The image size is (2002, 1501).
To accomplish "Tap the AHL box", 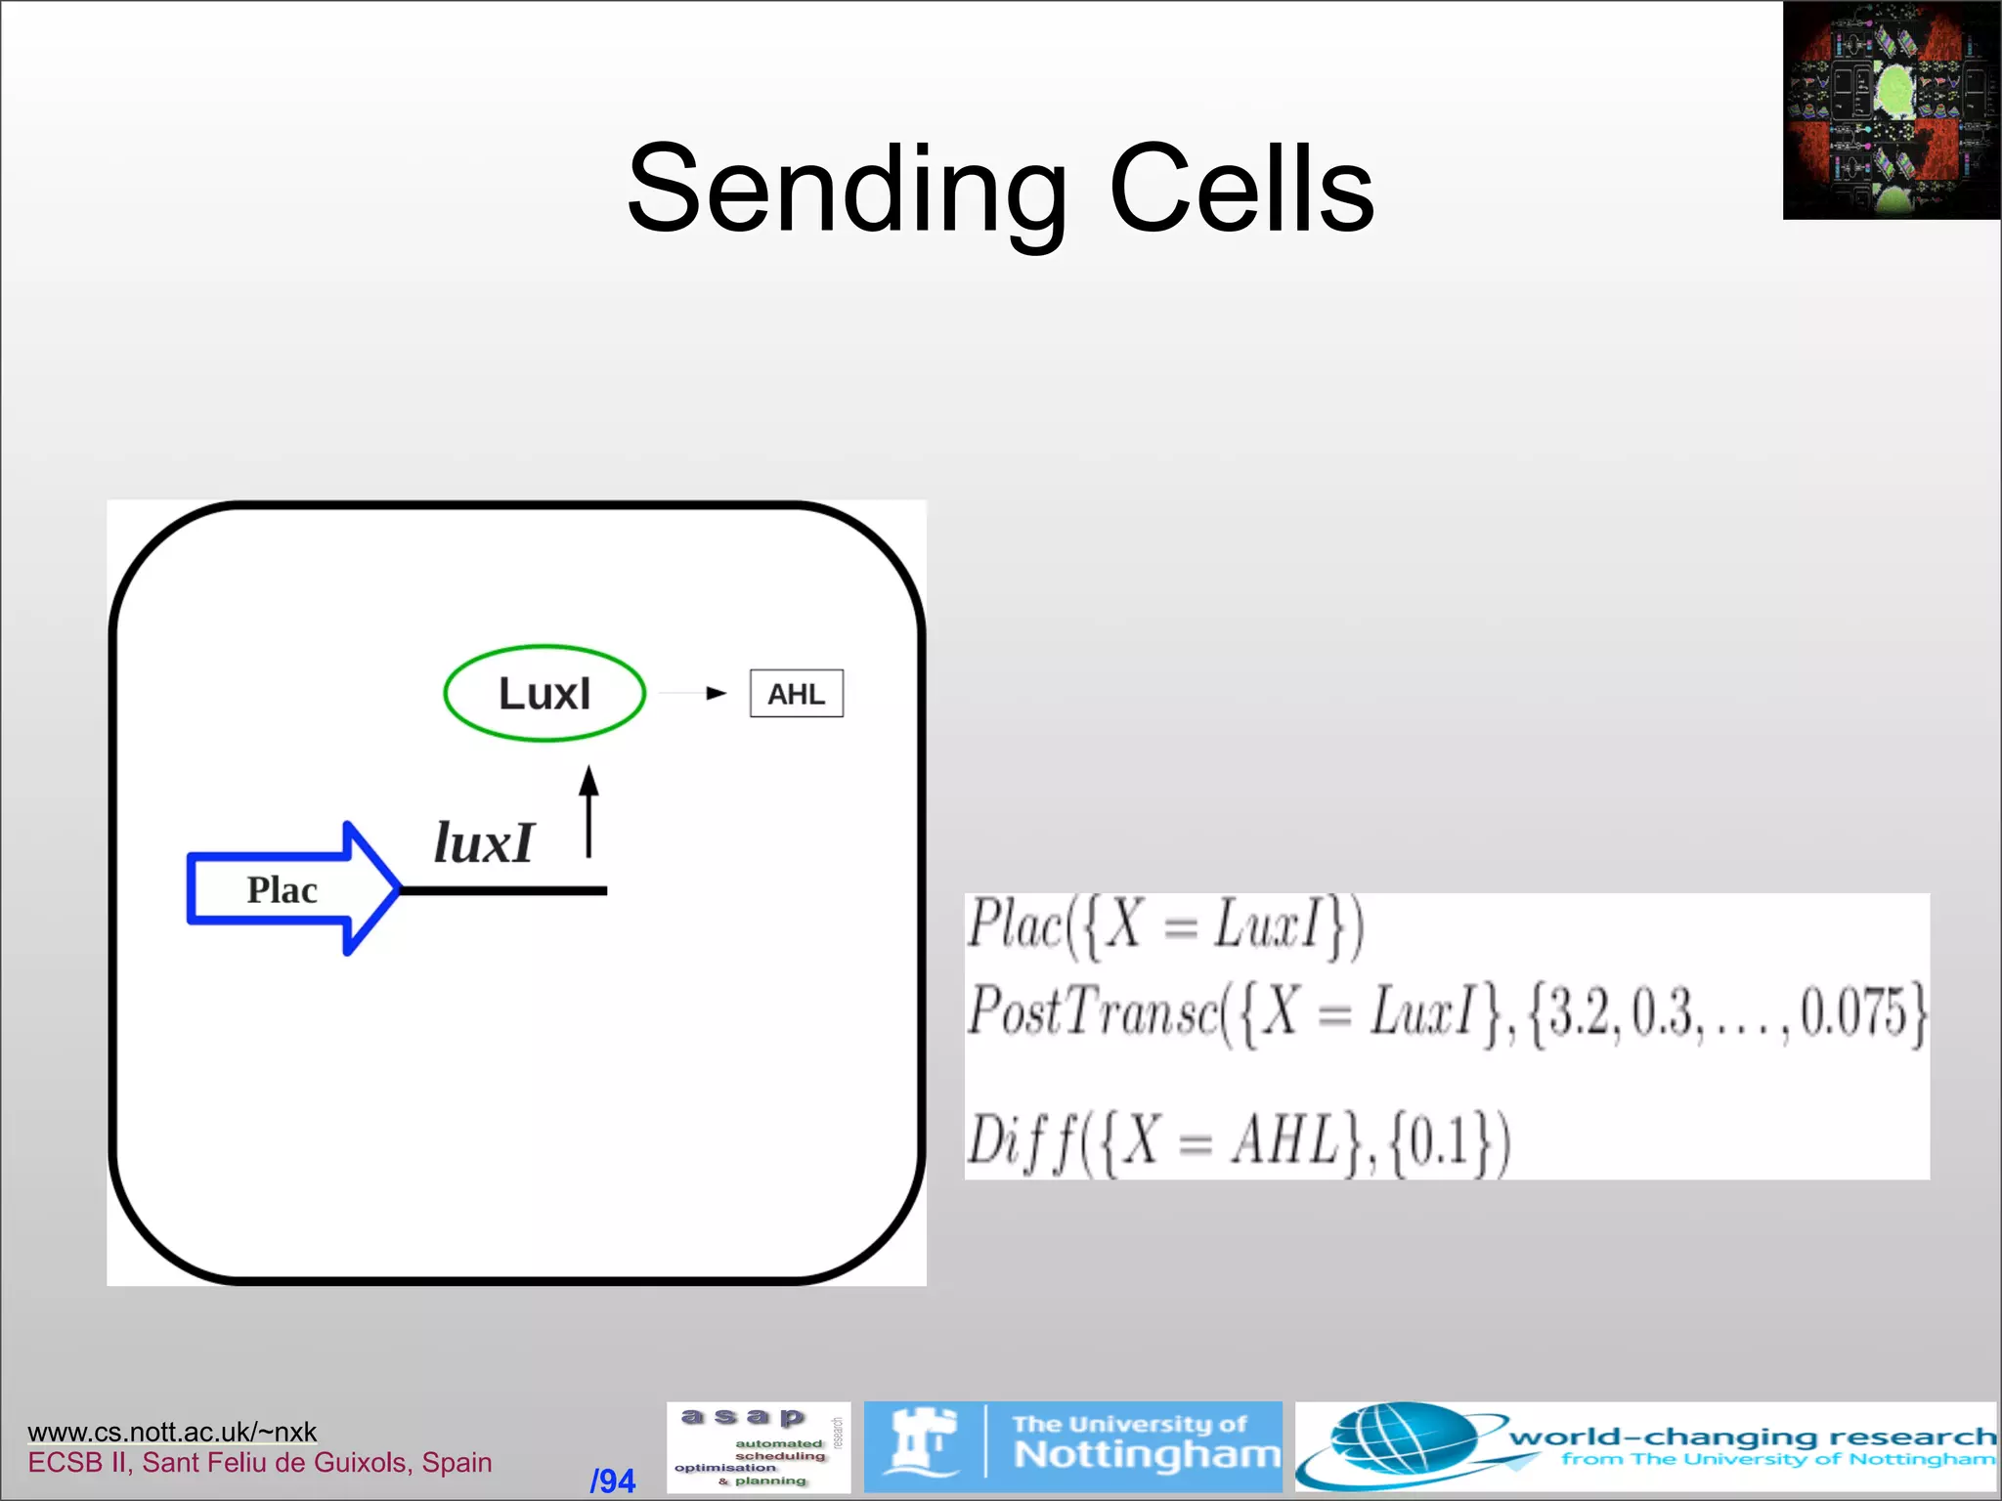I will tap(796, 694).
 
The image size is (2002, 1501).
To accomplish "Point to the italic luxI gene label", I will tap(484, 842).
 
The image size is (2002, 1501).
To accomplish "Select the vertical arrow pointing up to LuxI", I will tap(588, 811).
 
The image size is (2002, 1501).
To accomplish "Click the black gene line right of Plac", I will tap(504, 890).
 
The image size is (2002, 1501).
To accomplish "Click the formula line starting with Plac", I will tap(1163, 924).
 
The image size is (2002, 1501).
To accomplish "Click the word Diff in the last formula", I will tap(1021, 1139).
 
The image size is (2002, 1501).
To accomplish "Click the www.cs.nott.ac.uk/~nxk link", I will tap(172, 1432).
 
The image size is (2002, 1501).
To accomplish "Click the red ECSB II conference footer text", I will tap(260, 1463).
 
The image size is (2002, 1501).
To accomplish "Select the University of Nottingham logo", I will tap(1072, 1447).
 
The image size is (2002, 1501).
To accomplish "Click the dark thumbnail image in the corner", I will tap(1892, 110).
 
